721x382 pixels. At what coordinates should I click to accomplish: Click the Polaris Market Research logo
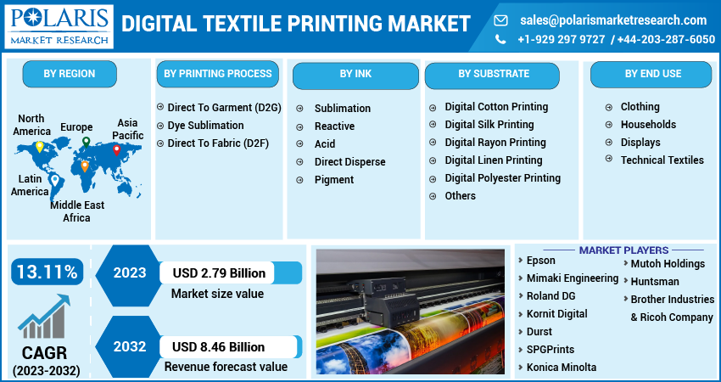point(59,25)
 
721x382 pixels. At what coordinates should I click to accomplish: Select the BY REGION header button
point(70,74)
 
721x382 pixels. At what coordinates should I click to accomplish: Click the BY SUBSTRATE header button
point(494,74)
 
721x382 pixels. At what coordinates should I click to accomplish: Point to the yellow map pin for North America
point(39,147)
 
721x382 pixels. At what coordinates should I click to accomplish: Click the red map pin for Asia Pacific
point(117,150)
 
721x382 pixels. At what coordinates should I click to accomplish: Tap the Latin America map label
point(30,185)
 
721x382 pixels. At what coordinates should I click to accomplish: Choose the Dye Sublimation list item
point(205,126)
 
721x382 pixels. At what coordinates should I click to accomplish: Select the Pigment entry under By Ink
point(333,179)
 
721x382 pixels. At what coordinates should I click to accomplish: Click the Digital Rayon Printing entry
point(495,143)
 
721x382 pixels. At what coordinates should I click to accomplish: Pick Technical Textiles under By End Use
point(662,160)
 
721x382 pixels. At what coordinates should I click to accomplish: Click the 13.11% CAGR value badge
point(47,272)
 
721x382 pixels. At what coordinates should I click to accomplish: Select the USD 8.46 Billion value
point(219,346)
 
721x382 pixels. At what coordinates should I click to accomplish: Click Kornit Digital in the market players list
point(556,314)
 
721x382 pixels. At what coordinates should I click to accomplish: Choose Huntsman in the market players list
point(655,281)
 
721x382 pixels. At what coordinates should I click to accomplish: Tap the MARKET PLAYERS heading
point(623,250)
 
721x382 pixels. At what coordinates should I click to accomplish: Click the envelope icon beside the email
point(500,20)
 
